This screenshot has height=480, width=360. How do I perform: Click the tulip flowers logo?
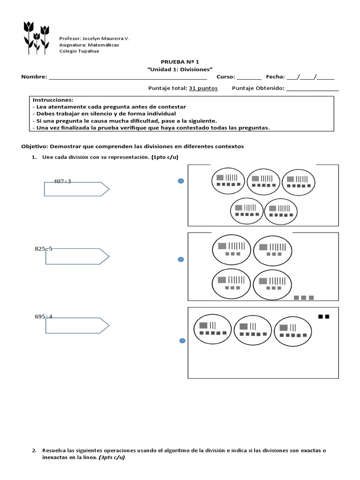point(37,36)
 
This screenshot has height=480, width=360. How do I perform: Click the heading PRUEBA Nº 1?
point(180,61)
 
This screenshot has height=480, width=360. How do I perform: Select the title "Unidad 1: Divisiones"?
point(180,69)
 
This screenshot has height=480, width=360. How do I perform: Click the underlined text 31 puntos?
point(203,88)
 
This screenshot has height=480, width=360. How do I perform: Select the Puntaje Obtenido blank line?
point(312,89)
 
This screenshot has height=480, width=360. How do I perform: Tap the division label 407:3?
point(62,181)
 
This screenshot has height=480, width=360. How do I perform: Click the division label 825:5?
point(44,249)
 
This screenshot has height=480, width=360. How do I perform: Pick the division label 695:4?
point(44,316)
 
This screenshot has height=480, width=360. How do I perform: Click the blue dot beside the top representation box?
point(180,181)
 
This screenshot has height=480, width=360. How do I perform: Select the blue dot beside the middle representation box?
point(180,259)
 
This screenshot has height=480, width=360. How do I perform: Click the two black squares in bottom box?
point(323,317)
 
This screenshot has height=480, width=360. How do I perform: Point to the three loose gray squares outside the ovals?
point(303,298)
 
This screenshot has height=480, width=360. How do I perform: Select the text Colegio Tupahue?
point(79,51)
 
